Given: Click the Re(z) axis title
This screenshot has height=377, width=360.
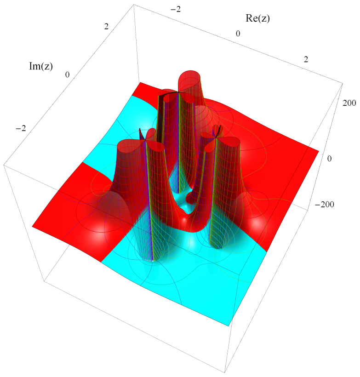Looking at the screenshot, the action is [257, 18].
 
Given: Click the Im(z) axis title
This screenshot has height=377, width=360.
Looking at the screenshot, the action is [41, 66].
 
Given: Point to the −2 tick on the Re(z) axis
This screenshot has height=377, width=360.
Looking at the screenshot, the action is [175, 9].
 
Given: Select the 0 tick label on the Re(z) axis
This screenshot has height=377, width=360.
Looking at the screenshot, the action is [238, 34].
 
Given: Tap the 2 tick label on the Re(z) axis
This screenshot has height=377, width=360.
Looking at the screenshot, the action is [306, 59].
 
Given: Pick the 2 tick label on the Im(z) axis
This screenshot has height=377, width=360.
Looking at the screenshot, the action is [106, 27].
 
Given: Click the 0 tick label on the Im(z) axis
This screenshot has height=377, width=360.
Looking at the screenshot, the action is [67, 75].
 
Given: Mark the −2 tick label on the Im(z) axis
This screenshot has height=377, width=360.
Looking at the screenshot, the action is [21, 128].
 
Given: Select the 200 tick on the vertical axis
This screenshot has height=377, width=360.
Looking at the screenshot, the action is [349, 103].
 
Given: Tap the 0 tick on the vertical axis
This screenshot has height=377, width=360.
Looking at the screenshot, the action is [330, 159].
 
